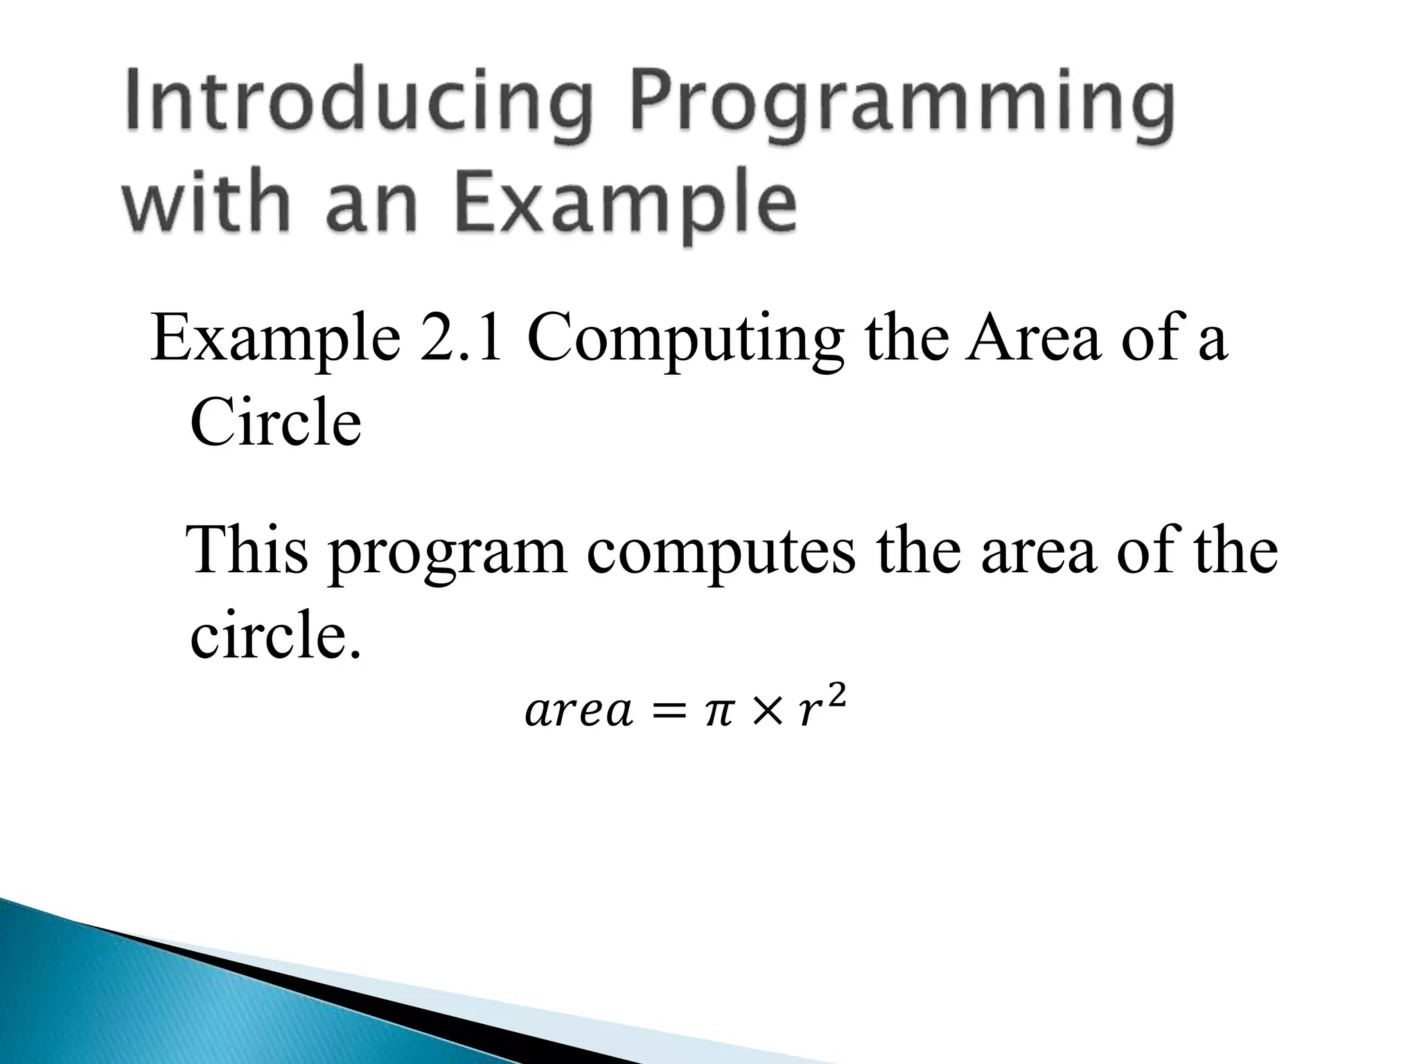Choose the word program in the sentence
pos(447,558)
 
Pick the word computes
pos(721,558)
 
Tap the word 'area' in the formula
pos(579,713)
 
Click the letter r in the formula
pos(807,716)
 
